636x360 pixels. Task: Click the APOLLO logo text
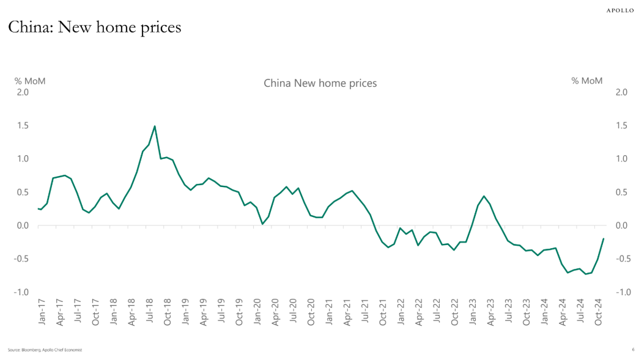619,10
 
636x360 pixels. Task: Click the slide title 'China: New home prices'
94,28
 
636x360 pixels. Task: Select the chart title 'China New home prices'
320,83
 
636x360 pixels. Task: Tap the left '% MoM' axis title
30,81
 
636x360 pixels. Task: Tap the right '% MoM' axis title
587,81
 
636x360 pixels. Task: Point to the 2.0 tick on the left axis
22,92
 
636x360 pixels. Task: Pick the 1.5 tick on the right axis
621,126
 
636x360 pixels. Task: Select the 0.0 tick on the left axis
22,226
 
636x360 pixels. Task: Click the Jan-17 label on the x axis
41,310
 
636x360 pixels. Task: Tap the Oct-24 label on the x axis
599,310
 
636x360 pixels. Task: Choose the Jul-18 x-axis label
149,310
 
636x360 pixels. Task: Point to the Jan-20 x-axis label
257,310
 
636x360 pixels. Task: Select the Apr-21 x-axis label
347,310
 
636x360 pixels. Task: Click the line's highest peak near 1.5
155,127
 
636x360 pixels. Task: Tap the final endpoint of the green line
604,239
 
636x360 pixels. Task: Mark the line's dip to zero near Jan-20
262,224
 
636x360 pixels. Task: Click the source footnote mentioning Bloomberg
45,350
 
